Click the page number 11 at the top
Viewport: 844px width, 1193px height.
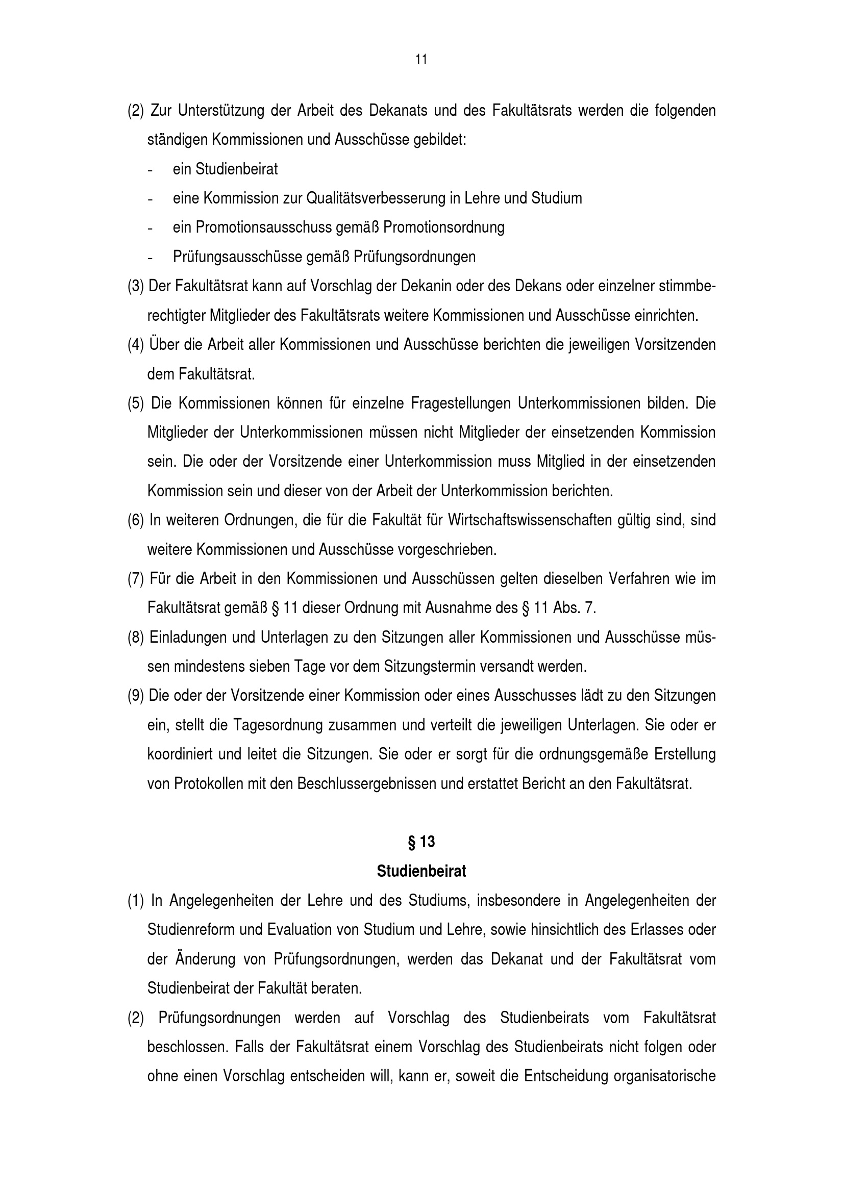pos(421,60)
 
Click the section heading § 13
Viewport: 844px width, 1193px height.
pos(421,842)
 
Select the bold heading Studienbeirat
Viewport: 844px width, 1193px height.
pos(421,871)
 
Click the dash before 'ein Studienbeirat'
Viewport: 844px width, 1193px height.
pos(150,170)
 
